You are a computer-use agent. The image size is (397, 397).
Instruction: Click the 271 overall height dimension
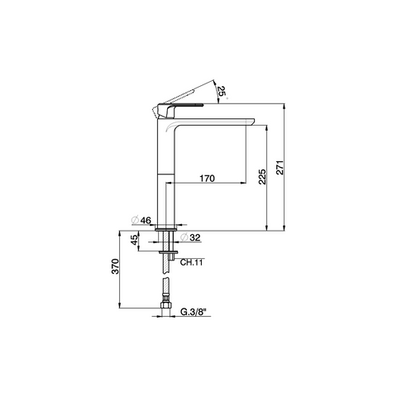[x=280, y=167]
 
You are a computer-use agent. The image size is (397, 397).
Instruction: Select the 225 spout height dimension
[x=262, y=177]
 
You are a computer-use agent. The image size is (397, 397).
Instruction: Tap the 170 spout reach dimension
[x=207, y=179]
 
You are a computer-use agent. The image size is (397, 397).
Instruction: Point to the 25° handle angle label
[x=222, y=91]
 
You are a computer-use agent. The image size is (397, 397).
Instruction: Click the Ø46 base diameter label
[x=141, y=221]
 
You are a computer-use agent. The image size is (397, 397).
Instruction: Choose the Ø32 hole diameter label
[x=190, y=237]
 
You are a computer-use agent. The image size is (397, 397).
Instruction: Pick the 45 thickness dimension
[x=134, y=240]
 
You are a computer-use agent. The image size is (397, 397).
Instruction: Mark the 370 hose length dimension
[x=115, y=266]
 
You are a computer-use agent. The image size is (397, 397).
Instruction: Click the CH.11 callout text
[x=191, y=262]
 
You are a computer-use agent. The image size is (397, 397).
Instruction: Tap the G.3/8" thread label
[x=194, y=312]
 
